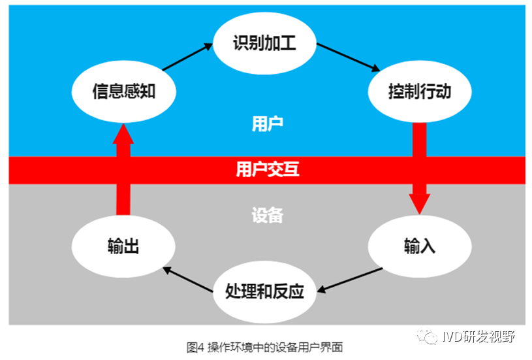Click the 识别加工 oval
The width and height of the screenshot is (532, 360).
tap(264, 44)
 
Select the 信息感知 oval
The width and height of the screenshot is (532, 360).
tap(123, 91)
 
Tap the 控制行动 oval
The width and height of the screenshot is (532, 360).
tap(419, 91)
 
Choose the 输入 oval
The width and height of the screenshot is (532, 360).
tap(419, 246)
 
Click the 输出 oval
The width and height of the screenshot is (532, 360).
tap(123, 246)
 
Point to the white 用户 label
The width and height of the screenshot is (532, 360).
tap(267, 123)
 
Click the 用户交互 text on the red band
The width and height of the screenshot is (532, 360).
tap(267, 170)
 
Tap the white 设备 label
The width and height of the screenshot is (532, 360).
tap(267, 215)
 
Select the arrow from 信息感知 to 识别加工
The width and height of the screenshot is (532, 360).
tap(188, 57)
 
